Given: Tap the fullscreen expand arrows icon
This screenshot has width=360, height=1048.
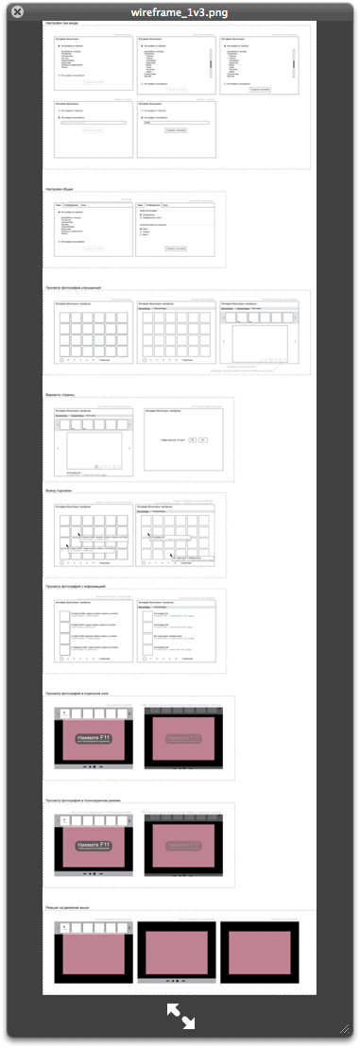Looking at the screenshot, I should [x=180, y=1016].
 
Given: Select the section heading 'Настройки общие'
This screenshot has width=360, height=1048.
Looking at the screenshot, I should [x=60, y=189].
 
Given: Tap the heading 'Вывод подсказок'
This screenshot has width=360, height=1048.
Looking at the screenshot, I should [x=59, y=491].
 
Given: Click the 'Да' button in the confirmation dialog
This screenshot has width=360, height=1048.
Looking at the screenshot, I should [x=192, y=440].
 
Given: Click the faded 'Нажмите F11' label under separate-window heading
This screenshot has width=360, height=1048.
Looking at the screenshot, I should [x=182, y=738].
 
